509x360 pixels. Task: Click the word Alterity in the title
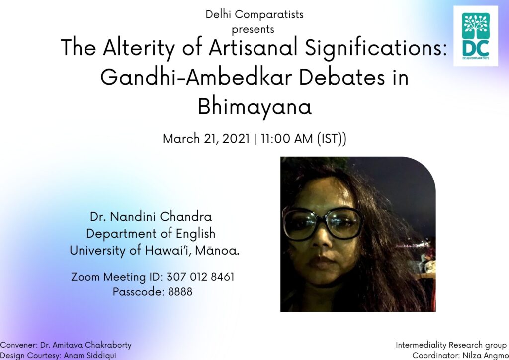139,48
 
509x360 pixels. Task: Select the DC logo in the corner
476,36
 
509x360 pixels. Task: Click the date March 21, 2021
206,139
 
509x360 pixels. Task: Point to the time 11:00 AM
287,139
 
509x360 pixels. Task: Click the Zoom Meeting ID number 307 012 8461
200,277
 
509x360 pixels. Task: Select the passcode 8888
180,291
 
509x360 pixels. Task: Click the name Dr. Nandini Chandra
151,216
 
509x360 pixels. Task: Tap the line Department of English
151,234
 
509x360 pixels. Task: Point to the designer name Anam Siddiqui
90,355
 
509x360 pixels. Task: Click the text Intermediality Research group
451,345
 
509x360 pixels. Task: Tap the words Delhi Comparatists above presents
254,14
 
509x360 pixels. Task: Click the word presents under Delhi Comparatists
253,29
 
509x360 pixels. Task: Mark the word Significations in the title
376,48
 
